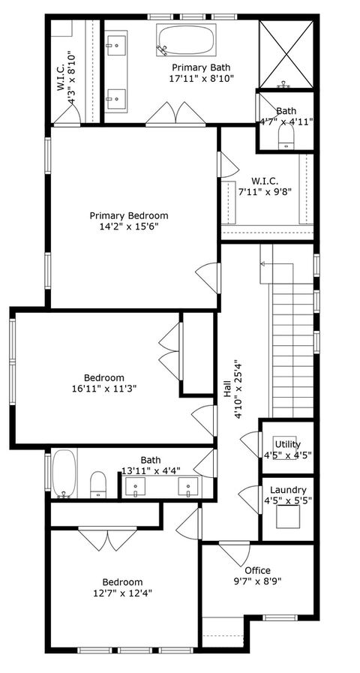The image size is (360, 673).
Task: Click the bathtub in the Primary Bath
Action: (x=186, y=39)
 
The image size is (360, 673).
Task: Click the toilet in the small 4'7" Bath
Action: (x=285, y=136)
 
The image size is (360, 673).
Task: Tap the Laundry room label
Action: (x=288, y=490)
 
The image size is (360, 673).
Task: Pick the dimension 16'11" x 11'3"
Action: (x=104, y=389)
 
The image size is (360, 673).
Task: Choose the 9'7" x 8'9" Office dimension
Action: (x=256, y=581)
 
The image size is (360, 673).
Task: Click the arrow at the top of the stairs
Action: (x=262, y=263)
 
